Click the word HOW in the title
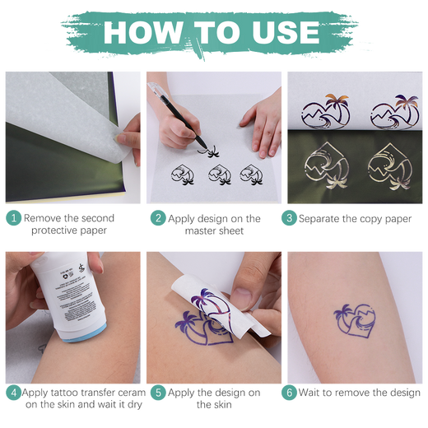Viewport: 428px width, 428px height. pos(141,32)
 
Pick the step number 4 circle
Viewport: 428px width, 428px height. pos(13,393)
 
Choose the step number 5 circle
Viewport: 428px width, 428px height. pos(156,393)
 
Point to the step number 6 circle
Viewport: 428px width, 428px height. pos(290,393)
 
